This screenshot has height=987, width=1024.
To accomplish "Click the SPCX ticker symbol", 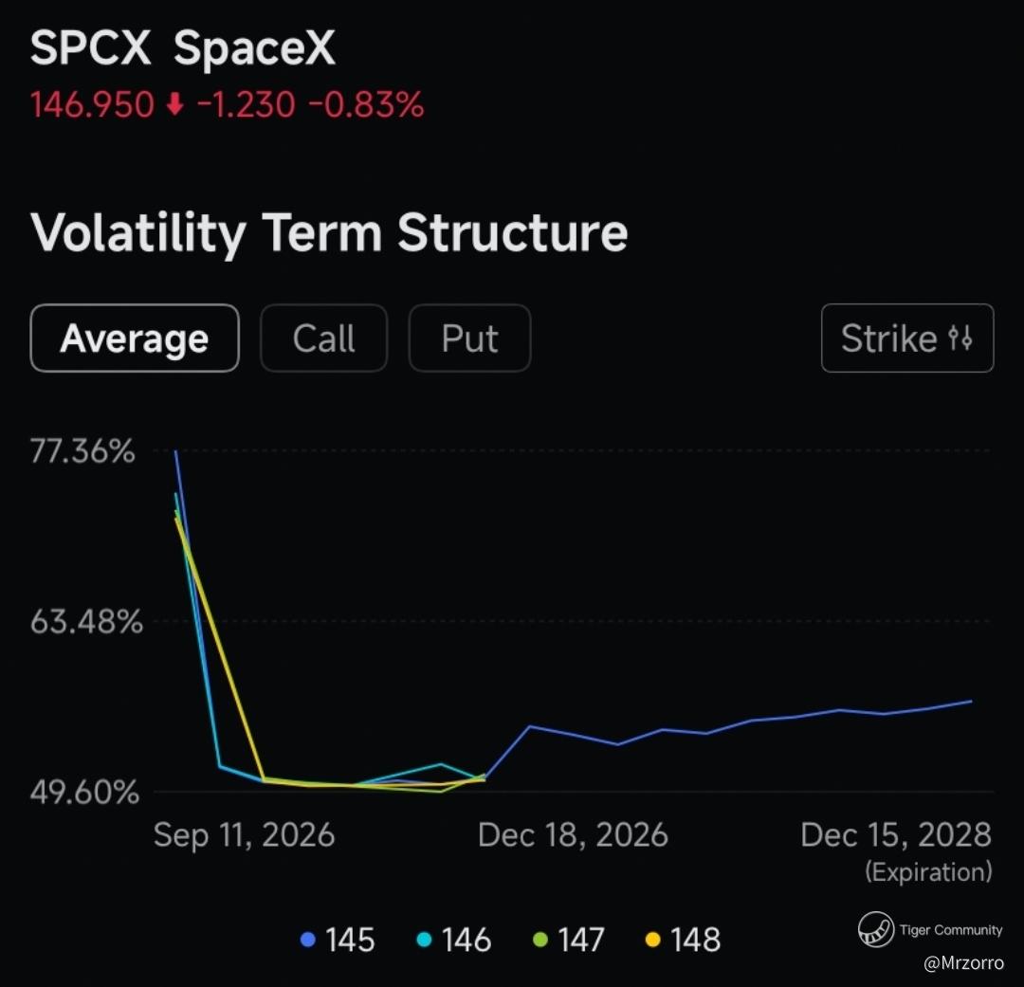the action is click(91, 47).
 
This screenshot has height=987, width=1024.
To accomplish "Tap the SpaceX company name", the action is click(254, 47).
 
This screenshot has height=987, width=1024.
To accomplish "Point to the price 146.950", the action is click(92, 104).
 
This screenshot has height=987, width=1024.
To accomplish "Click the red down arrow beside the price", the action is click(174, 104).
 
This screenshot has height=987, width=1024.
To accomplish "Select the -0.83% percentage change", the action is click(366, 104).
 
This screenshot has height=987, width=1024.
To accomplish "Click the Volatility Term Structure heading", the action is click(329, 232).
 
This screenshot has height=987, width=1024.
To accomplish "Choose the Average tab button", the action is click(135, 338).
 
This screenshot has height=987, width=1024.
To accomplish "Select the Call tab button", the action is click(324, 338).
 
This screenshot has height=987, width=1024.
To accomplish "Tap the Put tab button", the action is click(469, 338).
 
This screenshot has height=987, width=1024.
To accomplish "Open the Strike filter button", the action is click(907, 338).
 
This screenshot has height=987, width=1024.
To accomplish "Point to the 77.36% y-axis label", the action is click(82, 451).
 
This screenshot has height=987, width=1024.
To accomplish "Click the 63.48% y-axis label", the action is click(86, 622).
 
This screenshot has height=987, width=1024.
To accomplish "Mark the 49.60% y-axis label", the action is click(84, 793).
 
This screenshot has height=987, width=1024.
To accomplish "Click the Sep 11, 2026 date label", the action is click(245, 834).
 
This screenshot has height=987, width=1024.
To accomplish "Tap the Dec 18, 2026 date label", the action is click(573, 834).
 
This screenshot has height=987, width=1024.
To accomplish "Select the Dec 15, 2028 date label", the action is click(896, 834).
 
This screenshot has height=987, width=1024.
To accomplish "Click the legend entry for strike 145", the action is click(338, 940).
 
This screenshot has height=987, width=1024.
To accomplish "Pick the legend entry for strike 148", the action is click(683, 940).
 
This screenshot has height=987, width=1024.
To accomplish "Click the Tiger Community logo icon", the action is click(876, 929).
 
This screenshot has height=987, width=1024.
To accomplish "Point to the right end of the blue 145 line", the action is click(972, 701).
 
